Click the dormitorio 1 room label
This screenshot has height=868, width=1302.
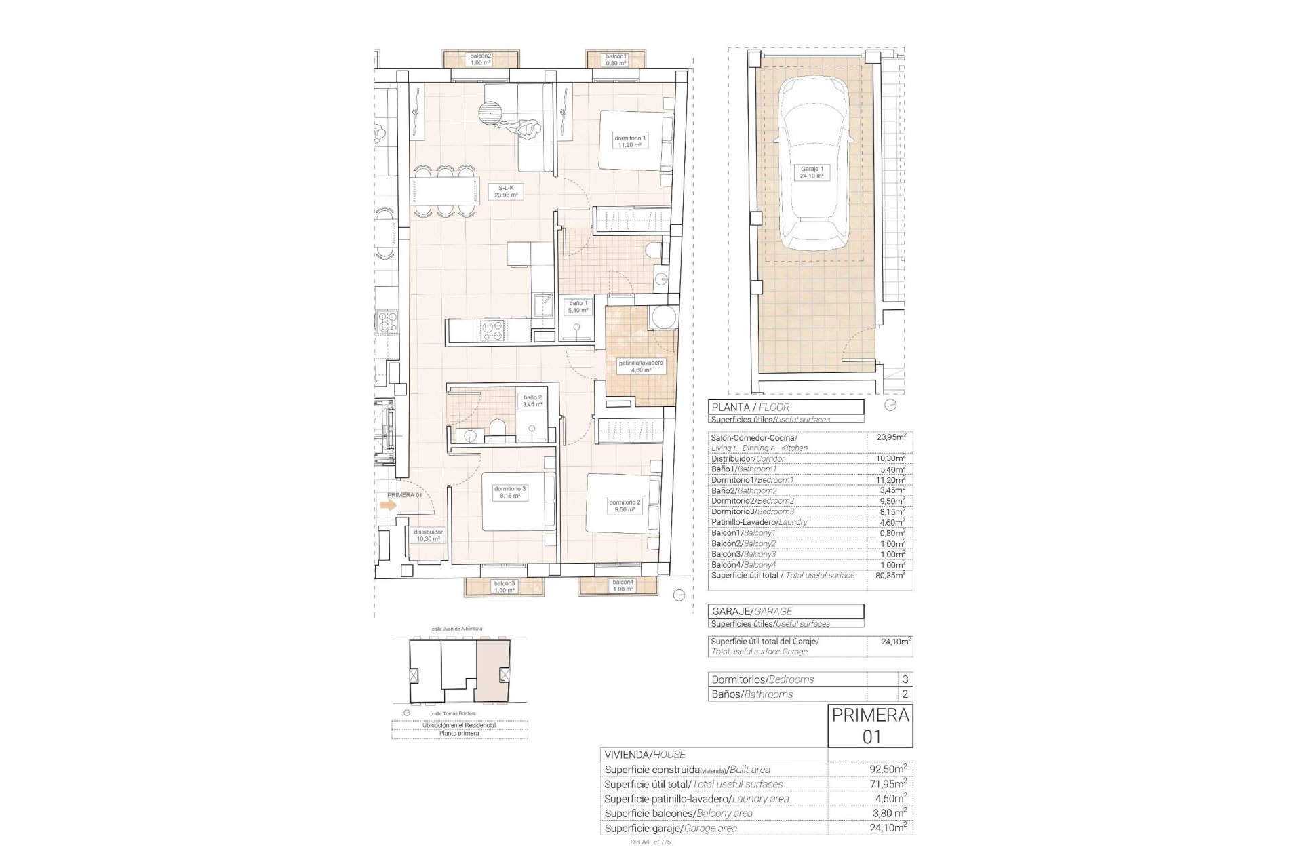629,141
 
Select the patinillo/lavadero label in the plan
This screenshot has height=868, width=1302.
640,367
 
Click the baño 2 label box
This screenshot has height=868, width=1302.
532,401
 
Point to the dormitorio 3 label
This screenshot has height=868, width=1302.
509,492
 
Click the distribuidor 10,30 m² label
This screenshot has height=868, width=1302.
428,536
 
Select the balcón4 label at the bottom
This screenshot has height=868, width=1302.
623,586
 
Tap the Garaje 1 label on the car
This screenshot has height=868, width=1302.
812,172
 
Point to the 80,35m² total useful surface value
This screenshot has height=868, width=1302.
890,575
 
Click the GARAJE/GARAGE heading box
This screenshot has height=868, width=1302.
786,611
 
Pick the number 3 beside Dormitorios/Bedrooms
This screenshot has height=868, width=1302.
905,679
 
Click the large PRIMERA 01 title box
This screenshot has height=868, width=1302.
870,726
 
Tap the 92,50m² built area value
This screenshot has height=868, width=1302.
888,770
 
